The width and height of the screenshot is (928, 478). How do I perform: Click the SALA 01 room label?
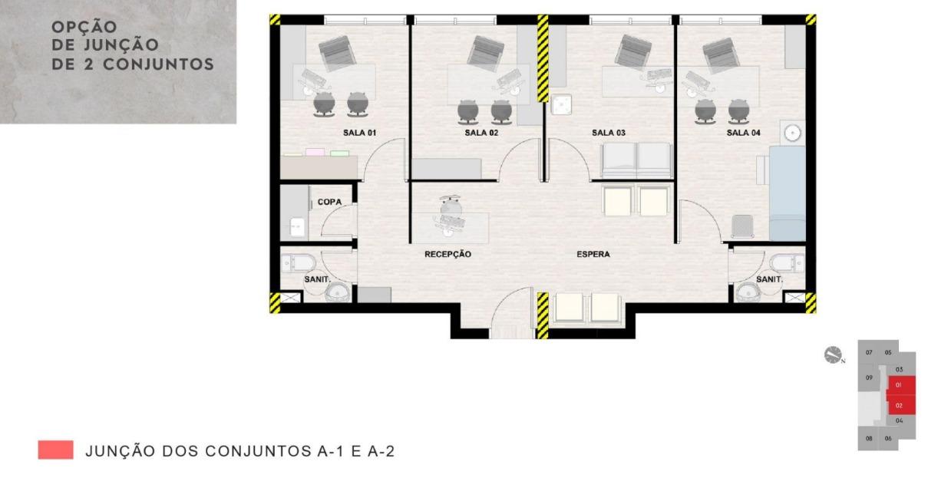359,133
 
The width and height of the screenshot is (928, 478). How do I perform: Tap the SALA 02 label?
481,133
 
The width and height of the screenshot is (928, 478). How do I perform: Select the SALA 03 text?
608,133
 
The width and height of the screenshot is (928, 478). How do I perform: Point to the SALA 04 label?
743,133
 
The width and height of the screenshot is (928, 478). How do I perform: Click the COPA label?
329,202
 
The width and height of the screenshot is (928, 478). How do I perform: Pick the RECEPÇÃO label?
447,254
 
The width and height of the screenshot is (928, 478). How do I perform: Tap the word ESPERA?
593,254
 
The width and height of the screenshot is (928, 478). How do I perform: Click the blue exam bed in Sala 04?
787,193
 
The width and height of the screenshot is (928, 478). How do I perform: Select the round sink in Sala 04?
792,133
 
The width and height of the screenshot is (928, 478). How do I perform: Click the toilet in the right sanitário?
786,262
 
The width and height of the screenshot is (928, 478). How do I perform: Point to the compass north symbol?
833,355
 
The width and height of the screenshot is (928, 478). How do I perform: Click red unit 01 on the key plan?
900,385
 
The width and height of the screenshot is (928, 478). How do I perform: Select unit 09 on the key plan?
869,377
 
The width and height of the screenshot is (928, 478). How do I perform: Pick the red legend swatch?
55,450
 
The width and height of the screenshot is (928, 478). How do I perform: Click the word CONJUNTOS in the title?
158,64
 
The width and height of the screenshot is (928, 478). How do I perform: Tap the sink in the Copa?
297,227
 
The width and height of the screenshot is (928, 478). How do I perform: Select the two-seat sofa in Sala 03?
636,161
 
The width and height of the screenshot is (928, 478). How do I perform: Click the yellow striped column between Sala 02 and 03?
543,58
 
